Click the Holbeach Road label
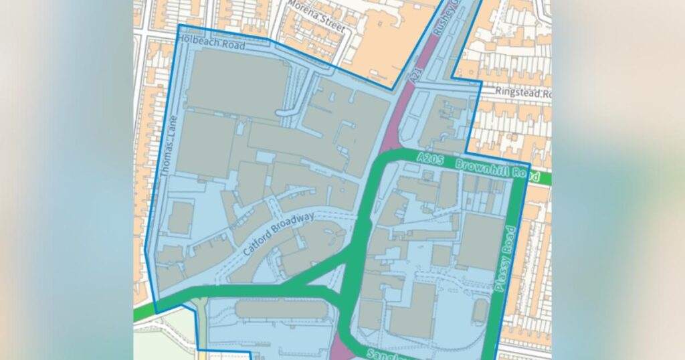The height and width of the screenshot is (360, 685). click(213, 43)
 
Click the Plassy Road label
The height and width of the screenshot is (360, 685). click(507, 258)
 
